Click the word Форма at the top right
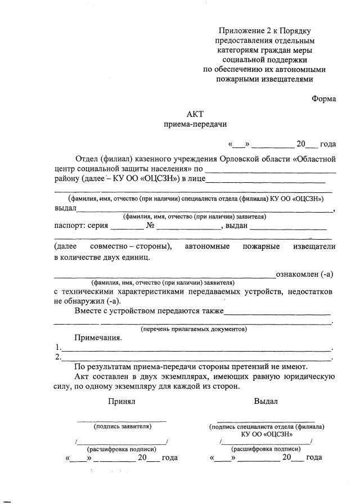[324, 99]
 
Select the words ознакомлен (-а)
[304, 274]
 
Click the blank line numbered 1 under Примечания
[196, 349]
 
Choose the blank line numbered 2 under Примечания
[196, 358]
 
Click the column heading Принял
[122, 402]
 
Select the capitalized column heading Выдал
[265, 402]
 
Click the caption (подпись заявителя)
[123, 427]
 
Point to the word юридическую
[311, 376]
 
